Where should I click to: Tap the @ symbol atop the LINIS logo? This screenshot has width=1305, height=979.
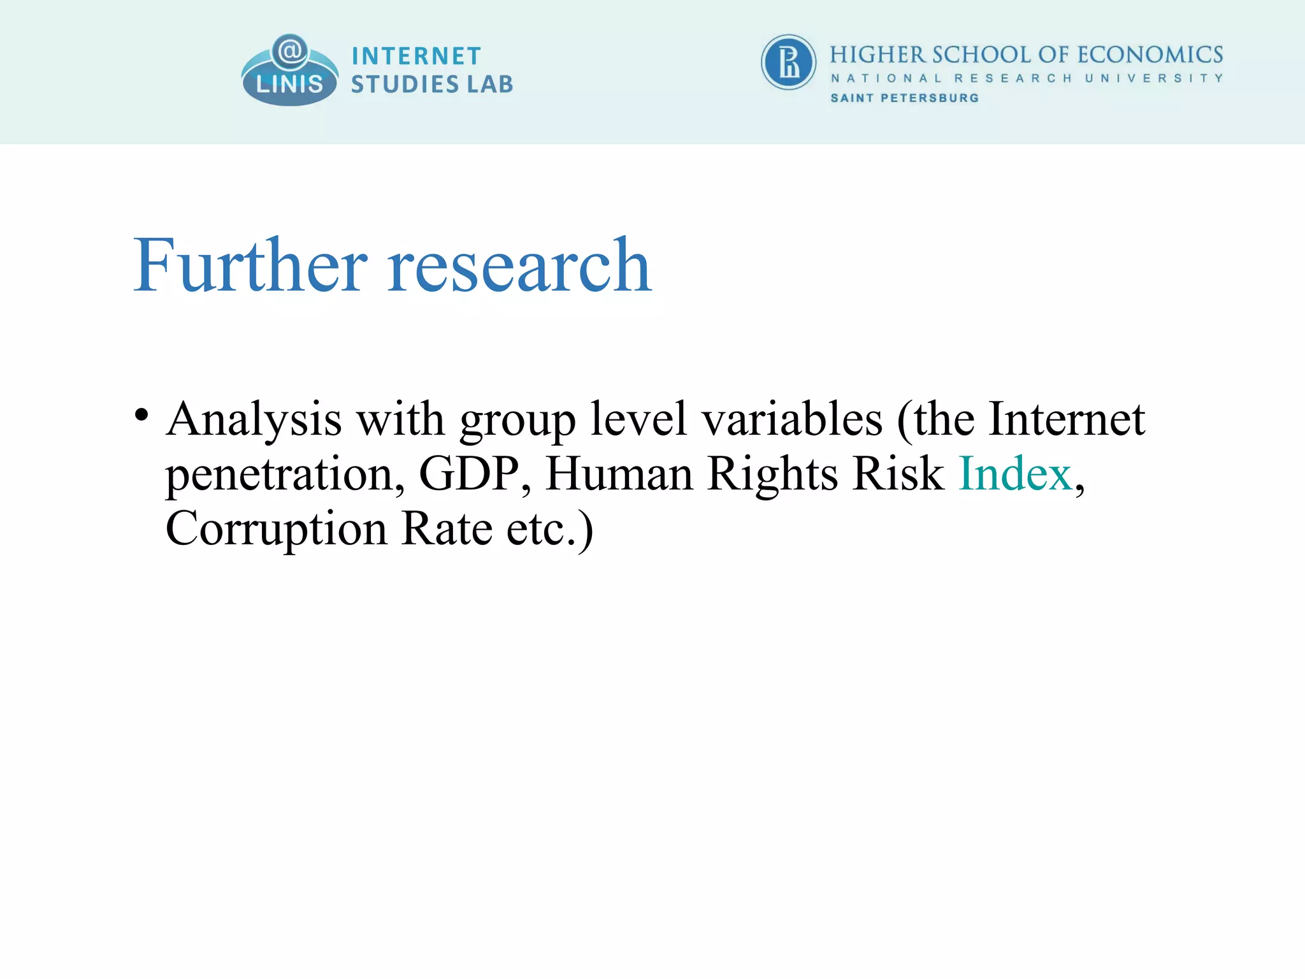tap(290, 50)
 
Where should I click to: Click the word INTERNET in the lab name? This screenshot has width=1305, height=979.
tap(416, 56)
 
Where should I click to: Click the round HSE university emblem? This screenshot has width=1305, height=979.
tap(788, 62)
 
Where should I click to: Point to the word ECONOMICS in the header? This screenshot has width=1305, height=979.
tap(1150, 55)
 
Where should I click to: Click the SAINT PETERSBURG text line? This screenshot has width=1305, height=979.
tap(904, 98)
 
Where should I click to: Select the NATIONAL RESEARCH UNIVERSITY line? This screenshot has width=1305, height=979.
tap(1027, 78)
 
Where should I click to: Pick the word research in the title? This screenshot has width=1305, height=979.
tap(519, 266)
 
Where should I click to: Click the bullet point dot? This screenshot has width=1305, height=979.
tap(141, 415)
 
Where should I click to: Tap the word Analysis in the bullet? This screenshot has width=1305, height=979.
tap(254, 421)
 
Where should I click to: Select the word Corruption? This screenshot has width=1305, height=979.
tap(276, 529)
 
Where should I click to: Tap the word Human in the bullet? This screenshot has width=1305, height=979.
tap(619, 474)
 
